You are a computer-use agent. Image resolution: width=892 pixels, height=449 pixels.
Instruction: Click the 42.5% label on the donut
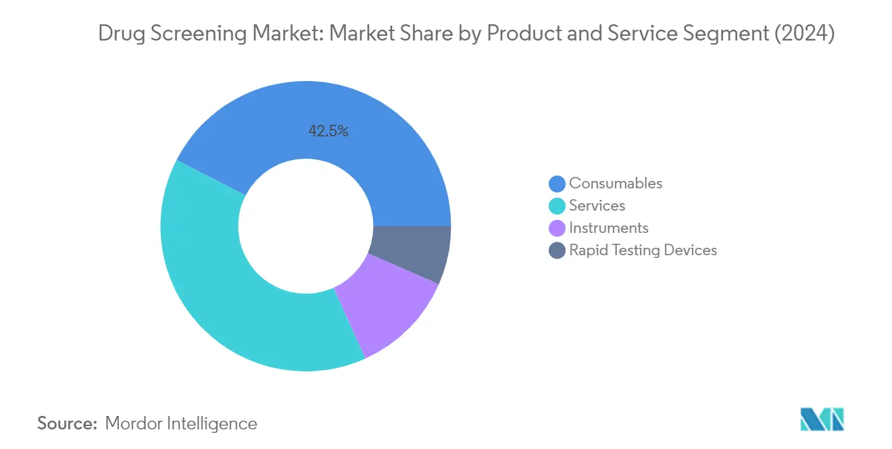[328, 132]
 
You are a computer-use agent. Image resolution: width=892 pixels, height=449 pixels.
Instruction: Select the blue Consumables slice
[378, 155]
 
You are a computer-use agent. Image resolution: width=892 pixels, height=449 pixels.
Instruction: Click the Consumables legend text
[615, 183]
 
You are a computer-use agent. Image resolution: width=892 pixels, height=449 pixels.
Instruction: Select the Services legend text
[597, 205]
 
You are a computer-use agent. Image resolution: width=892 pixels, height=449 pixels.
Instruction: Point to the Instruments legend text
[608, 228]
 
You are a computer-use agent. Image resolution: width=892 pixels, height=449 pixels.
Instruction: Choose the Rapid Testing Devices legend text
[643, 250]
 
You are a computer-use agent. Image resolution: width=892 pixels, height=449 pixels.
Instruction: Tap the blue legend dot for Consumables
[557, 184]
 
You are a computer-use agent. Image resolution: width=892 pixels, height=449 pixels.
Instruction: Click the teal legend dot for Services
[557, 206]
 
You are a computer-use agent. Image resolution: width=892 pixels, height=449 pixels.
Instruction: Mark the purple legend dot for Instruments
[557, 228]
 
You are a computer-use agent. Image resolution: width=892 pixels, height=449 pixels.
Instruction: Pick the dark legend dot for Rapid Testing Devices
[557, 250]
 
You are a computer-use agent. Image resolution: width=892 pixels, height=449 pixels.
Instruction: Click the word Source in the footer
[66, 423]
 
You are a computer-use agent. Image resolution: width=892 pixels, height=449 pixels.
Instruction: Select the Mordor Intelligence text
[181, 423]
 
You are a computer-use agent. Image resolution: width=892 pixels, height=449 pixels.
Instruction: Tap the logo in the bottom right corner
[822, 419]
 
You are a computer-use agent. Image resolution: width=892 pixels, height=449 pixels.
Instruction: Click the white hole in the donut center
[305, 226]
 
